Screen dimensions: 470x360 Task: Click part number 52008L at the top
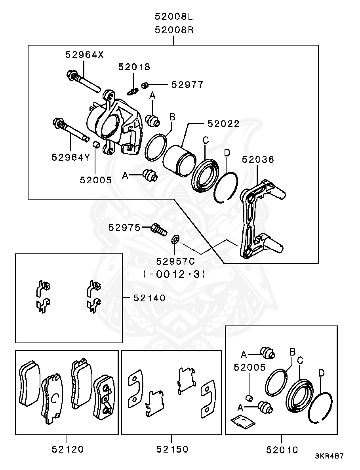(x=174, y=17)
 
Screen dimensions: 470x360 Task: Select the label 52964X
(x=84, y=55)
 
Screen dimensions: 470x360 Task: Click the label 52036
(x=258, y=160)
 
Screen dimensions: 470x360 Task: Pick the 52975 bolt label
(x=125, y=228)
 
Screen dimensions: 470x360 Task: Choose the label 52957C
(x=175, y=262)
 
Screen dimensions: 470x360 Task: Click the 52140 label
(x=149, y=297)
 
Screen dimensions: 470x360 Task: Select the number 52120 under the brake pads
(x=68, y=449)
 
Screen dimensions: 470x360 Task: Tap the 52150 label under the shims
(x=172, y=449)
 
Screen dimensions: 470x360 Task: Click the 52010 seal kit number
(x=282, y=450)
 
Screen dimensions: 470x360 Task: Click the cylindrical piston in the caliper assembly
(x=179, y=159)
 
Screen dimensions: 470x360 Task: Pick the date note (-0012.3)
(x=175, y=274)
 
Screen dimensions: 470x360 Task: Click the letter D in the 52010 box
(x=322, y=373)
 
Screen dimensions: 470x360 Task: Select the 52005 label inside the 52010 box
(x=250, y=367)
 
